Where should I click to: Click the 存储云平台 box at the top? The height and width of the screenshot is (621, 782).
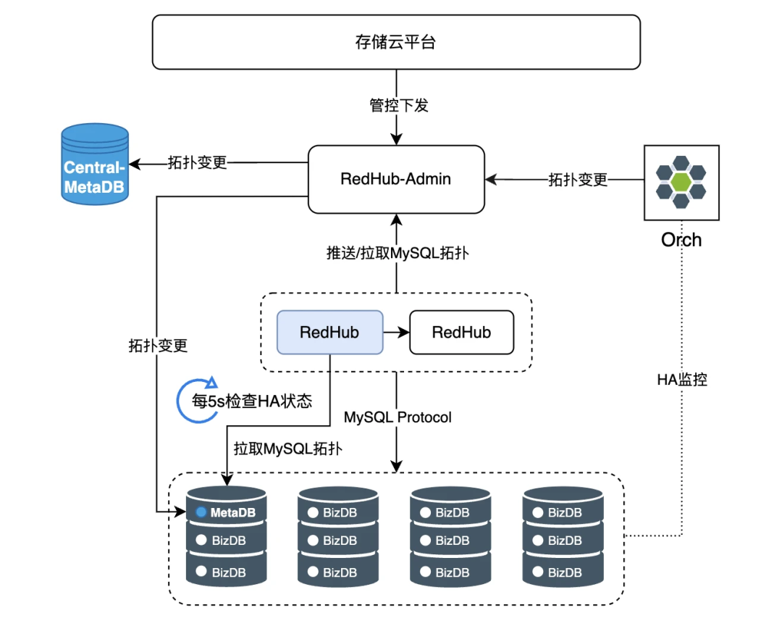point(396,42)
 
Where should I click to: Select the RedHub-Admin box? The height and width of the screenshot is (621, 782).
point(396,179)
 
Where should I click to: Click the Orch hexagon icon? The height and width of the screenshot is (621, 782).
point(681,182)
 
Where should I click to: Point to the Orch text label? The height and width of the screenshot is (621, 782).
point(681,240)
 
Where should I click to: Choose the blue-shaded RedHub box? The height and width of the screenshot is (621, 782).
point(329,332)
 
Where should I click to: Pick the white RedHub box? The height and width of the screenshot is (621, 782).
point(461,332)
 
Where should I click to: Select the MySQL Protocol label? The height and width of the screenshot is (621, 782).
point(398,417)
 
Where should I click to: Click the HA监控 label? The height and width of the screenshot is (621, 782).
point(681,379)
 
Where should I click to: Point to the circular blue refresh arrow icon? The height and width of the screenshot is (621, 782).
point(196,399)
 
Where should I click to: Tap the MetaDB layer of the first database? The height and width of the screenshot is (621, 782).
point(227,512)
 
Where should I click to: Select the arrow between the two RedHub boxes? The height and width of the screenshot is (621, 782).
point(395,332)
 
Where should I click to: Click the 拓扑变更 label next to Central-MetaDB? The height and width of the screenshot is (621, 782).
point(198,162)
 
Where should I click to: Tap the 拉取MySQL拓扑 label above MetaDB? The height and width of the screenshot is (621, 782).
point(287,449)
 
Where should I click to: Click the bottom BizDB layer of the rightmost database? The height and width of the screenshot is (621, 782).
point(563,572)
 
